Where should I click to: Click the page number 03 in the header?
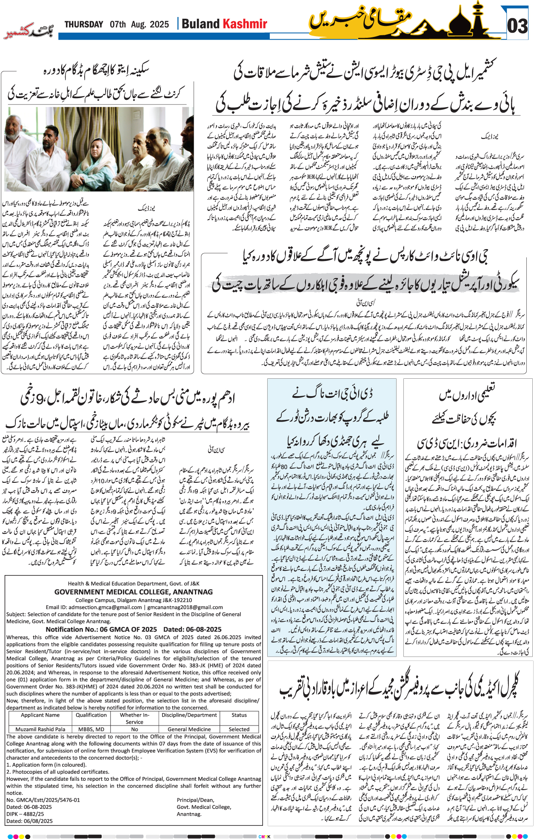click(517, 26)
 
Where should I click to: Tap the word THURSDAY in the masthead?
click(84, 24)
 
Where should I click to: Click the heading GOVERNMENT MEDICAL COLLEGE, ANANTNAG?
click(133, 592)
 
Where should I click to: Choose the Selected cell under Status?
click(239, 729)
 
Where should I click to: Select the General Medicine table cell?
click(189, 729)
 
